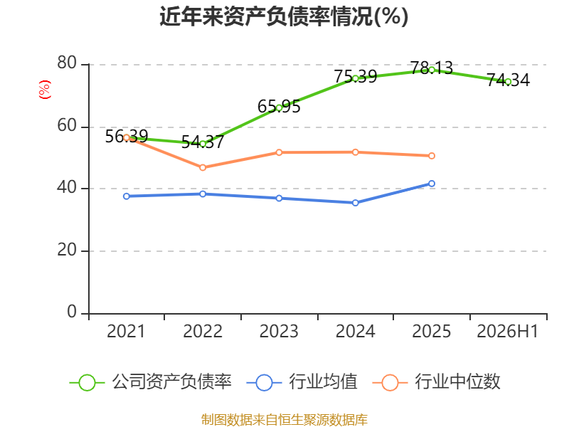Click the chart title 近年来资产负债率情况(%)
point(284,16)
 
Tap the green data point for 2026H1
point(508,82)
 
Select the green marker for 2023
point(279,107)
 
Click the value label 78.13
point(432,68)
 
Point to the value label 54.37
point(203,142)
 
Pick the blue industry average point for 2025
point(432,184)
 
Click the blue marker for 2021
point(127,196)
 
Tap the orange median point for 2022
point(203,167)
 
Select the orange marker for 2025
point(432,156)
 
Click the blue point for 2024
point(356,203)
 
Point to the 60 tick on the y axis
point(67,126)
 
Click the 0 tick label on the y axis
point(72,312)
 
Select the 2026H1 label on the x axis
point(508,332)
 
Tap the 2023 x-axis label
point(279,332)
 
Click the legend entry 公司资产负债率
point(150,382)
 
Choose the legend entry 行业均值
point(302,382)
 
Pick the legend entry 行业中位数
point(437,382)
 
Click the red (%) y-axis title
point(45,90)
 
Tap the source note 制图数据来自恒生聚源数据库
point(284,420)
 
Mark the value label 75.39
point(356,77)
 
